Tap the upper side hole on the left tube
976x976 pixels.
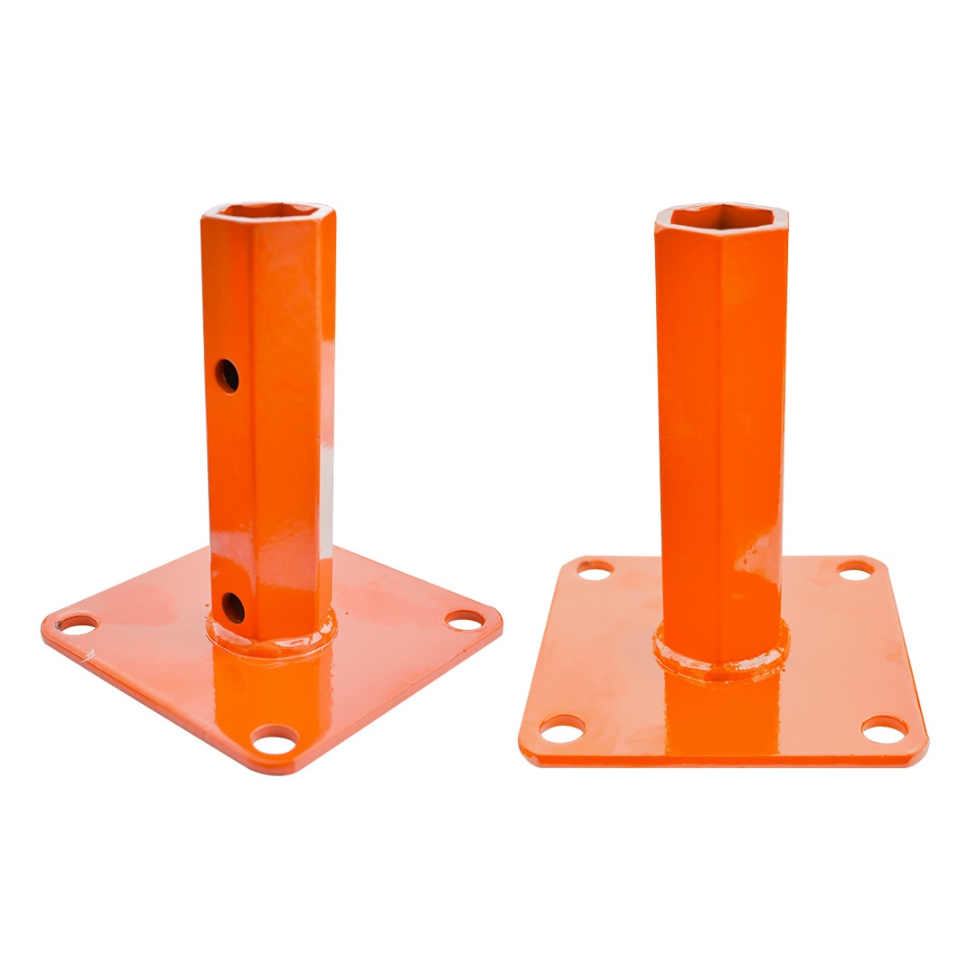click(x=227, y=375)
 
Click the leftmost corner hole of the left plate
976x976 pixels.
click(x=79, y=624)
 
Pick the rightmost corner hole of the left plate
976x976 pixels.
click(x=465, y=620)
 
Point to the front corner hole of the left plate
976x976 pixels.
click(x=275, y=741)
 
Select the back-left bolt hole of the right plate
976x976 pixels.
click(x=594, y=570)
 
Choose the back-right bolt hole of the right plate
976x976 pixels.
click(x=855, y=570)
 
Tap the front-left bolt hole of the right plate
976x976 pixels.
click(x=562, y=727)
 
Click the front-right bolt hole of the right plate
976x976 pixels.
click(x=884, y=728)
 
